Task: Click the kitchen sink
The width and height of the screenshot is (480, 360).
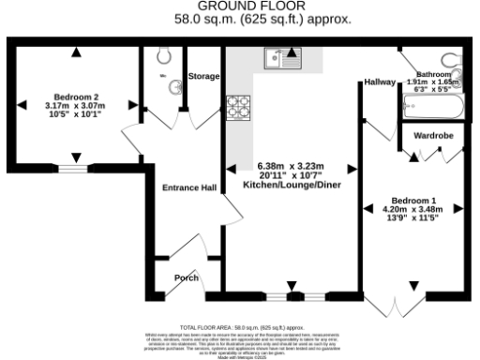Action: click(281, 63)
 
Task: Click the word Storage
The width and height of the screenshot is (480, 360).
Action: click(203, 76)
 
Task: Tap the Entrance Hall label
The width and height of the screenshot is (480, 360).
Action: click(189, 187)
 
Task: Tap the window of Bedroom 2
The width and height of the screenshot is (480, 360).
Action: click(74, 170)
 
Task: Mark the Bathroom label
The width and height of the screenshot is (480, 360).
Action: click(434, 73)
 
